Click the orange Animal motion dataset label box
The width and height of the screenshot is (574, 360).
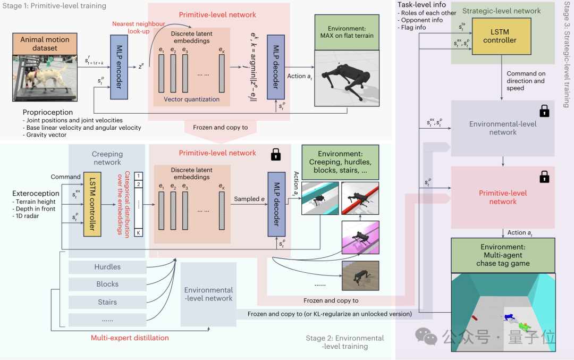point(45,43)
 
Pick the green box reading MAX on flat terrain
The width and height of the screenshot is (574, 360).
point(347,31)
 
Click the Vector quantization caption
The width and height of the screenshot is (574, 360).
point(191,99)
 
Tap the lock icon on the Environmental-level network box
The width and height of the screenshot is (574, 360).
point(544,111)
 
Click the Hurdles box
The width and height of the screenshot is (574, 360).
point(107,267)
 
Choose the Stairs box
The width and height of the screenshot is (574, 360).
point(107,302)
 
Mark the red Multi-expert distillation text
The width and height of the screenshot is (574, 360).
point(130,338)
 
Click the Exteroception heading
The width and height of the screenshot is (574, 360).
point(36,194)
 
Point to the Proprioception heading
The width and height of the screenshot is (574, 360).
point(48,112)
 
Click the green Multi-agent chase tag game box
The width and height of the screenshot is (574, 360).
point(503,255)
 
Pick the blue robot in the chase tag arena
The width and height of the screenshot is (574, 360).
point(509,317)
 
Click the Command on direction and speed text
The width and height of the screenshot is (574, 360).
point(526,81)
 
